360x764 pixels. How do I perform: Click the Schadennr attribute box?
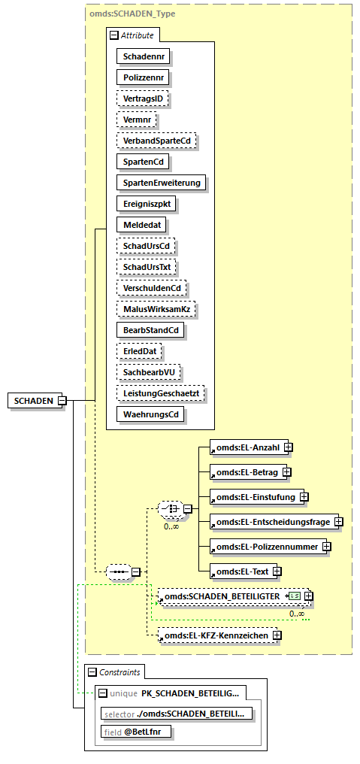pos(143,56)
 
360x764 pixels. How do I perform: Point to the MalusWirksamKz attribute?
pos(154,308)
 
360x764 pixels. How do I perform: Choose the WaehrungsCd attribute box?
pos(150,414)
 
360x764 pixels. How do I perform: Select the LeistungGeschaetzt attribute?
pos(162,393)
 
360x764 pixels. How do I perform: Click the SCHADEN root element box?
pos(34,401)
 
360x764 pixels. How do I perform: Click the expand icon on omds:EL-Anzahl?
pos(288,447)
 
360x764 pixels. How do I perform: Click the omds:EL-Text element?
pos(240,571)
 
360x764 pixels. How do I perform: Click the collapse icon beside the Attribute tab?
pos(113,35)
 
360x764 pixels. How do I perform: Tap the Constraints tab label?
pos(119,672)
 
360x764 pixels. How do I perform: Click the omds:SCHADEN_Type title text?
pos(133,14)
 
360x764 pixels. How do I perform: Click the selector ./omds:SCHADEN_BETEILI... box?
pos(177,712)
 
